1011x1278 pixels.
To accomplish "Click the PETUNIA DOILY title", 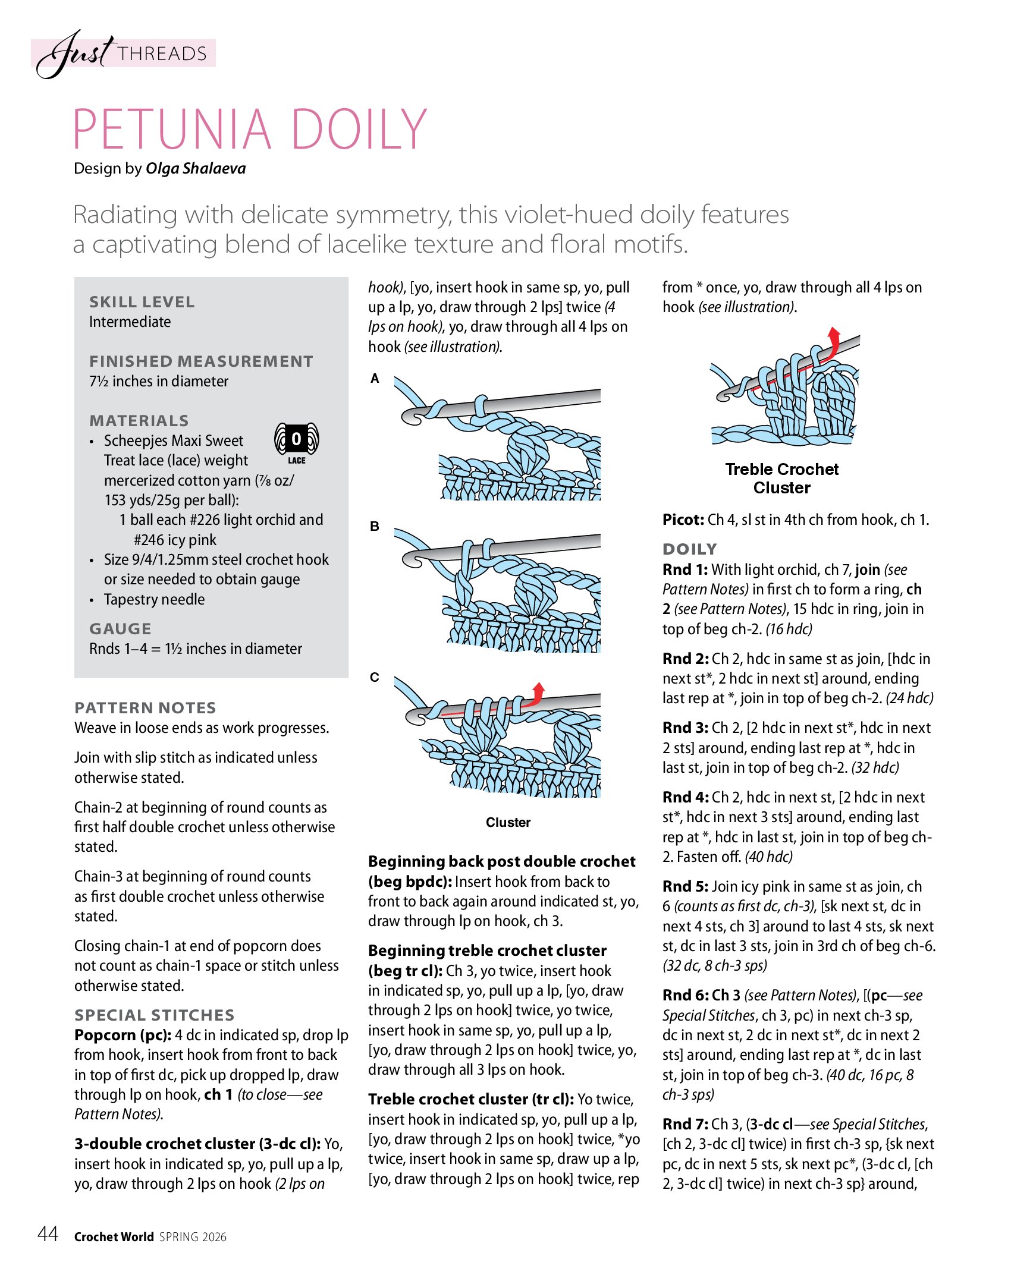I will (250, 129).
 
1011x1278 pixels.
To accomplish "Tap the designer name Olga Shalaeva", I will (196, 169).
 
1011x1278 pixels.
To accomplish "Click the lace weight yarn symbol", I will (296, 443).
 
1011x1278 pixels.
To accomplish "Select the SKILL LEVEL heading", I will (142, 302).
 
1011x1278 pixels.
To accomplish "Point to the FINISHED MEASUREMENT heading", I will (201, 361).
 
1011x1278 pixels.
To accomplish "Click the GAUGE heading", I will (120, 629).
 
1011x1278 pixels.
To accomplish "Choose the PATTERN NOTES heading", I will (145, 708).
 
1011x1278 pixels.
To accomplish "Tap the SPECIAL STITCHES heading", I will (155, 1015).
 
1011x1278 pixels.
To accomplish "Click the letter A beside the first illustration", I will (375, 379).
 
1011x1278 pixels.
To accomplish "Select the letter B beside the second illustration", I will (375, 526).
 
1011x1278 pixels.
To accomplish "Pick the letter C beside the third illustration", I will (375, 677).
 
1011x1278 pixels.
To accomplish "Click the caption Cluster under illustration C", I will (508, 823).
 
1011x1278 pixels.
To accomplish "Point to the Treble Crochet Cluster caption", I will (781, 479).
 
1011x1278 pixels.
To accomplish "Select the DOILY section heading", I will (690, 549).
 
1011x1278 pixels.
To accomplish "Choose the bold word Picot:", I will (683, 520).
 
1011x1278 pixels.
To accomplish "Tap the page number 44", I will (48, 1235).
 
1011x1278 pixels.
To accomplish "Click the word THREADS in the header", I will (162, 54).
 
